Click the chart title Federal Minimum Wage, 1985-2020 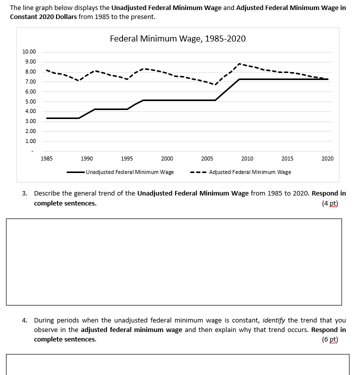pyautogui.click(x=177, y=38)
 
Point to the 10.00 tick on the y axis pyautogui.click(x=29, y=52)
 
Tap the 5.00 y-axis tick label pyautogui.click(x=30, y=101)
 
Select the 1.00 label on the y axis pyautogui.click(x=30, y=141)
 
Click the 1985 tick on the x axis pyautogui.click(x=46, y=158)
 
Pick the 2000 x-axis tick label pyautogui.click(x=167, y=158)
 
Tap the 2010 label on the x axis pyautogui.click(x=247, y=158)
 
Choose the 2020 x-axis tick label pyautogui.click(x=327, y=158)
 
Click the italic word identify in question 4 pyautogui.click(x=276, y=320)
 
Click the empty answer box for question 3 pyautogui.click(x=174, y=261)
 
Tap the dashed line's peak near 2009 pyautogui.click(x=240, y=64)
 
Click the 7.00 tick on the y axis pyautogui.click(x=30, y=81)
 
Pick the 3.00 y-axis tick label pyautogui.click(x=30, y=121)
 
